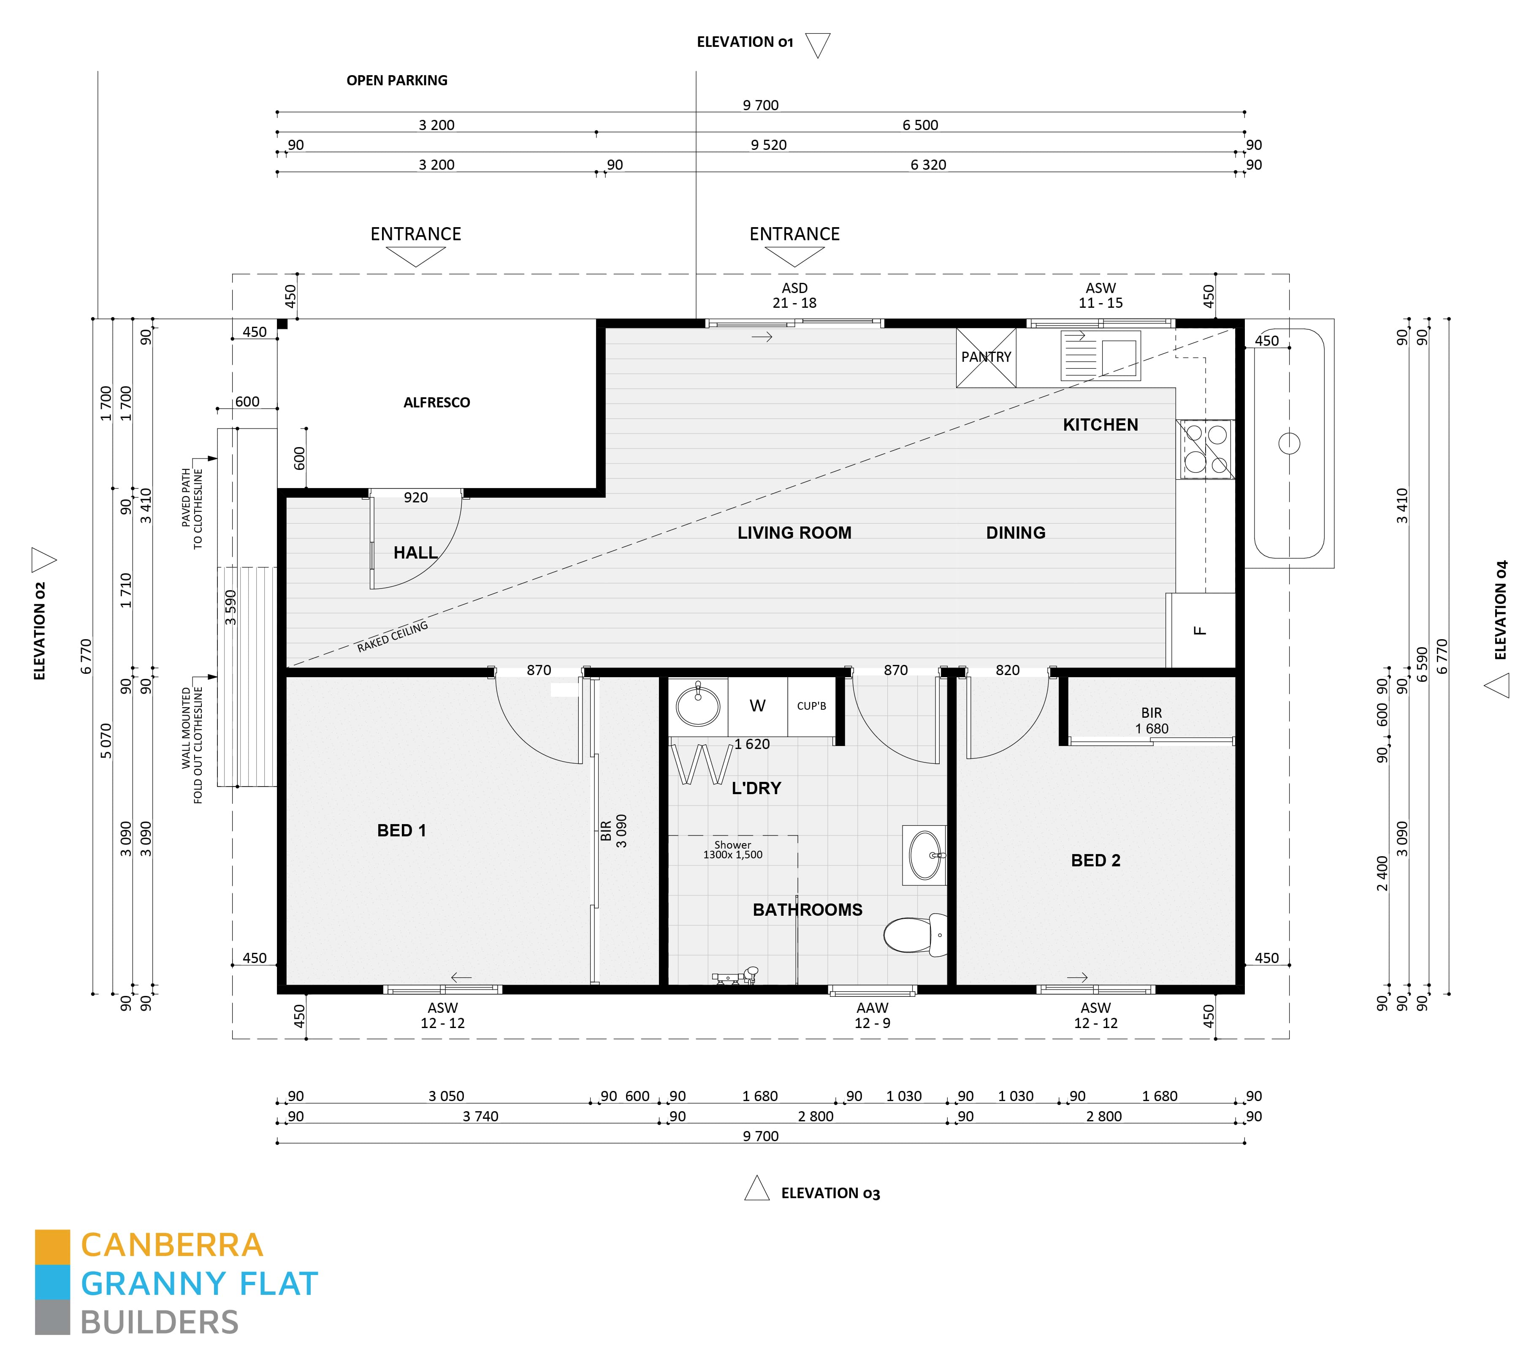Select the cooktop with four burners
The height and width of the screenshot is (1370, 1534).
click(1205, 449)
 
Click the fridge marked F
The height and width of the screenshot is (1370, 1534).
click(1201, 630)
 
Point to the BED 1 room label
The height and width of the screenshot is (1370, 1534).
click(401, 830)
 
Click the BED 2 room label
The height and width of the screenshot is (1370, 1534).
click(1095, 860)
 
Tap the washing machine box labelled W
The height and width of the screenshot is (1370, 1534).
click(757, 706)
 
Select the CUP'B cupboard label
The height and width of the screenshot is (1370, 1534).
click(811, 706)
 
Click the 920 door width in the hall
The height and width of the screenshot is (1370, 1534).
click(415, 498)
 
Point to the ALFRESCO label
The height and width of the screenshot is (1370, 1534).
click(436, 403)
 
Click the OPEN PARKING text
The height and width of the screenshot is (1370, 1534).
click(397, 81)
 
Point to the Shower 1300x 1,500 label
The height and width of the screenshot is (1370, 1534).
click(732, 850)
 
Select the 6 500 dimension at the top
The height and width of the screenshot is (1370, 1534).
click(920, 125)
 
